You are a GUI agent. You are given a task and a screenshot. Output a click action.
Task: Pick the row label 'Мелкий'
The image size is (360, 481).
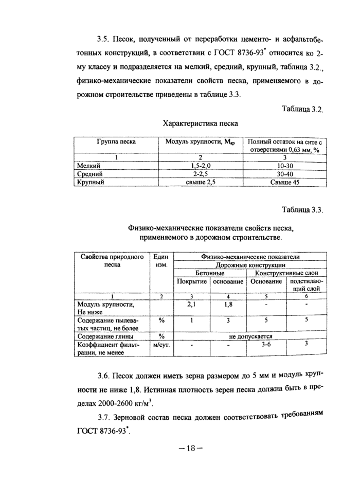(88, 166)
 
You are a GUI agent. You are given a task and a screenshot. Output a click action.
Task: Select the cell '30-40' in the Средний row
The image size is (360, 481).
(284, 174)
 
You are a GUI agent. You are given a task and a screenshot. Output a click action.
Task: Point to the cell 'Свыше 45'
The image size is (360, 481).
(284, 182)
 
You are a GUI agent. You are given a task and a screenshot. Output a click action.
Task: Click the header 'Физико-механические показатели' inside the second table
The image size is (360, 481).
(250, 257)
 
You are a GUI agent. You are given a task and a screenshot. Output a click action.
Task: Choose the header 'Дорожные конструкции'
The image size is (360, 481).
(250, 265)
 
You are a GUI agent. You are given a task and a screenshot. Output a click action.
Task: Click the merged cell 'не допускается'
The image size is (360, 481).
(250, 336)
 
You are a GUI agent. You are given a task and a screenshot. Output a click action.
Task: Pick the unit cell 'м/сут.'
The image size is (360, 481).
(161, 344)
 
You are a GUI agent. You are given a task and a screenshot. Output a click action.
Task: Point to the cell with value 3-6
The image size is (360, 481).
(266, 344)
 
